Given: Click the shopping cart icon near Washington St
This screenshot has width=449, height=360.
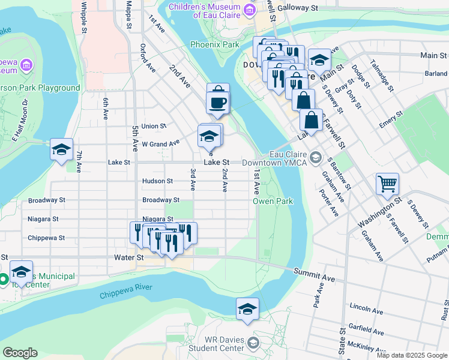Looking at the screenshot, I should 387,183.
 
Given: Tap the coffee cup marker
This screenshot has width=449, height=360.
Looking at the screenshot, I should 217,102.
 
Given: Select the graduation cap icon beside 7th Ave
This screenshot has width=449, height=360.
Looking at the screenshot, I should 61,149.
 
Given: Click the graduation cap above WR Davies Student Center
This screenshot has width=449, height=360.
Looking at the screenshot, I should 247,309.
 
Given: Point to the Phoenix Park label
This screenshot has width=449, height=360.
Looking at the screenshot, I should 215,44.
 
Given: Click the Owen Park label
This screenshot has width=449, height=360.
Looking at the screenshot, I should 273,201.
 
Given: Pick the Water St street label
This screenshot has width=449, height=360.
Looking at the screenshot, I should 129,257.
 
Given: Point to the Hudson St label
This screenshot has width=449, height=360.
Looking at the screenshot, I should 157,181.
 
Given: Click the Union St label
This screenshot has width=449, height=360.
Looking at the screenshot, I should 154,126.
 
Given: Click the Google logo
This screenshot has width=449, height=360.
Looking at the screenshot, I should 20,353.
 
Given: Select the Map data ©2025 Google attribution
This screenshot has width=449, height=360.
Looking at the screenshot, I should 412,355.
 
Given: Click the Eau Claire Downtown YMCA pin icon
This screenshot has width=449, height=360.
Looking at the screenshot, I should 316,158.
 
